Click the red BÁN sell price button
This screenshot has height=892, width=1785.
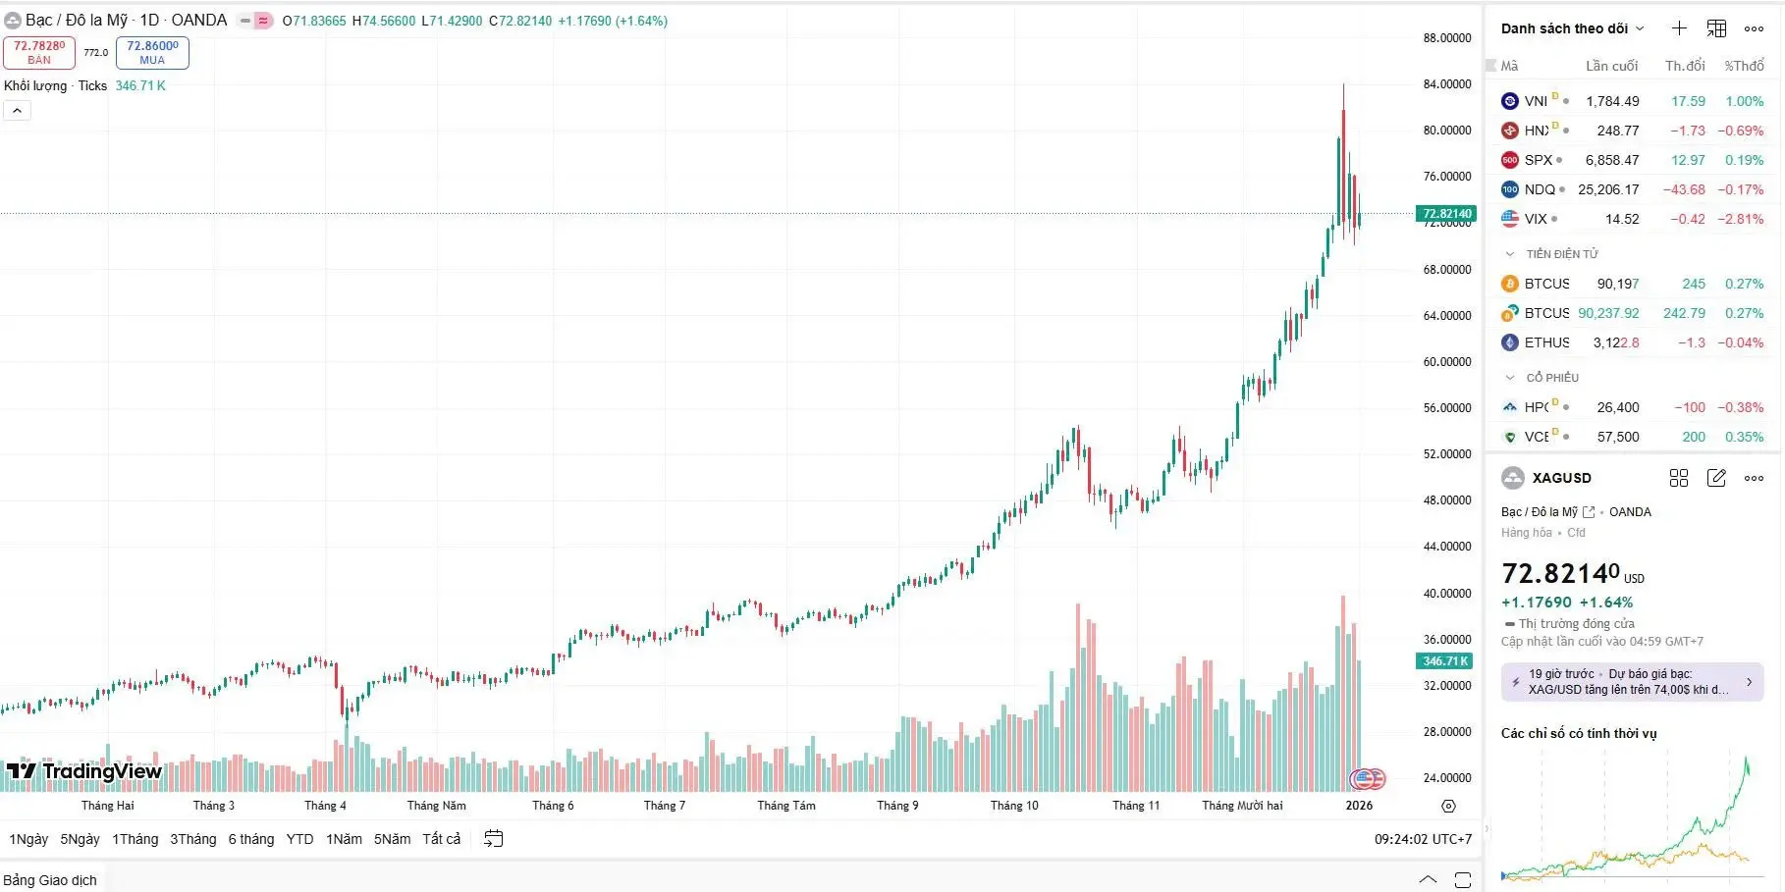click(39, 52)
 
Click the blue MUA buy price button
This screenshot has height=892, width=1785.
click(152, 52)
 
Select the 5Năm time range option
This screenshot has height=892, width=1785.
click(392, 839)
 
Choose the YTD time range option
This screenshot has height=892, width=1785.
click(299, 839)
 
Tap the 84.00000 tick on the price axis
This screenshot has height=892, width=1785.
click(1446, 84)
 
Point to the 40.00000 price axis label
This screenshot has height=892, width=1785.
click(1446, 593)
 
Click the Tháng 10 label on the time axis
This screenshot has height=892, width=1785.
click(1013, 806)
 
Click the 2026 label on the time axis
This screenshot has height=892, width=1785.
click(1359, 806)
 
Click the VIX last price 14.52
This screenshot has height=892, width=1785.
click(1621, 219)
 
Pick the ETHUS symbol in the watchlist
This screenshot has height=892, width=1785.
click(1546, 342)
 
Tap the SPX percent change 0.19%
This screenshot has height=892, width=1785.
click(1744, 160)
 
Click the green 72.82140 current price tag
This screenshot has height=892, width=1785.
click(1446, 213)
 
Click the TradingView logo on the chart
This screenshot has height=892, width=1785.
click(84, 771)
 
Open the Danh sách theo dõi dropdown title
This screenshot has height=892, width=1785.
click(1571, 28)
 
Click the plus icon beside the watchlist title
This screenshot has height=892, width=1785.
click(1679, 28)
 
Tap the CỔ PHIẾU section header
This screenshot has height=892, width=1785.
click(1552, 378)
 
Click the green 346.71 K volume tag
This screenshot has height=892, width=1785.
click(1445, 661)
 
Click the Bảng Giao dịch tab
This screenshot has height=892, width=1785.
click(50, 880)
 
